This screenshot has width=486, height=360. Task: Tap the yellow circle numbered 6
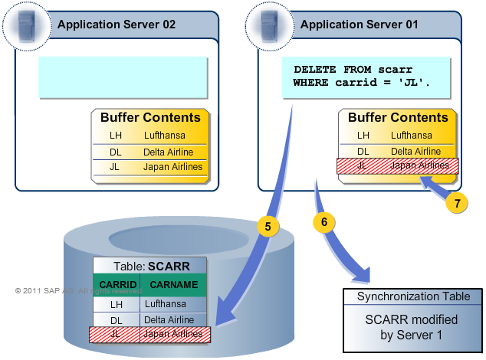pyautogui.click(x=324, y=221)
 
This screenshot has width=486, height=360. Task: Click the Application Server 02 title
pyautogui.click(x=117, y=25)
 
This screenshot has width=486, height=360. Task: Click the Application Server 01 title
pyautogui.click(x=359, y=25)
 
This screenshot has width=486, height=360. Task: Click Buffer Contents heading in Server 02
pyautogui.click(x=150, y=118)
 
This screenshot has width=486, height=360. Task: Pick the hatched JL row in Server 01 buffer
pyautogui.click(x=397, y=165)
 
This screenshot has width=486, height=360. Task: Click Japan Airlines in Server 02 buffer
pyautogui.click(x=173, y=167)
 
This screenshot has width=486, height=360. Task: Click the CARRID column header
pyautogui.click(x=117, y=285)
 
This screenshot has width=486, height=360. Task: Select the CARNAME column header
pyautogui.click(x=174, y=285)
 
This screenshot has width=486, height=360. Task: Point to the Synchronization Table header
pyautogui.click(x=413, y=296)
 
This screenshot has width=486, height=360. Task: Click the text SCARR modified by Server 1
pyautogui.click(x=413, y=326)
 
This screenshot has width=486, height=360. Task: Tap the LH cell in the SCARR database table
pyautogui.click(x=117, y=304)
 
